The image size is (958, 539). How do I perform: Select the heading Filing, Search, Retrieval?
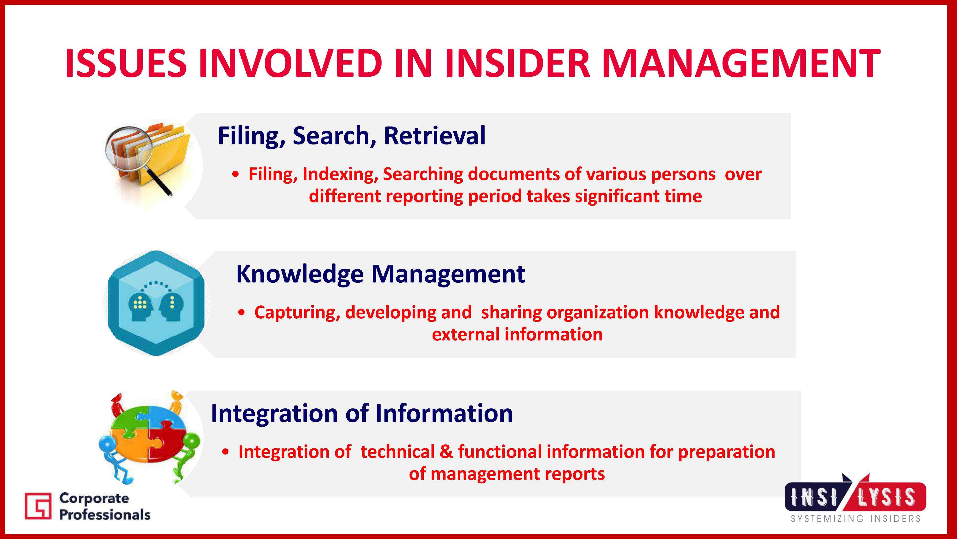point(351,136)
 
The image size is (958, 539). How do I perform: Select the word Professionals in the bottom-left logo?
point(105,515)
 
